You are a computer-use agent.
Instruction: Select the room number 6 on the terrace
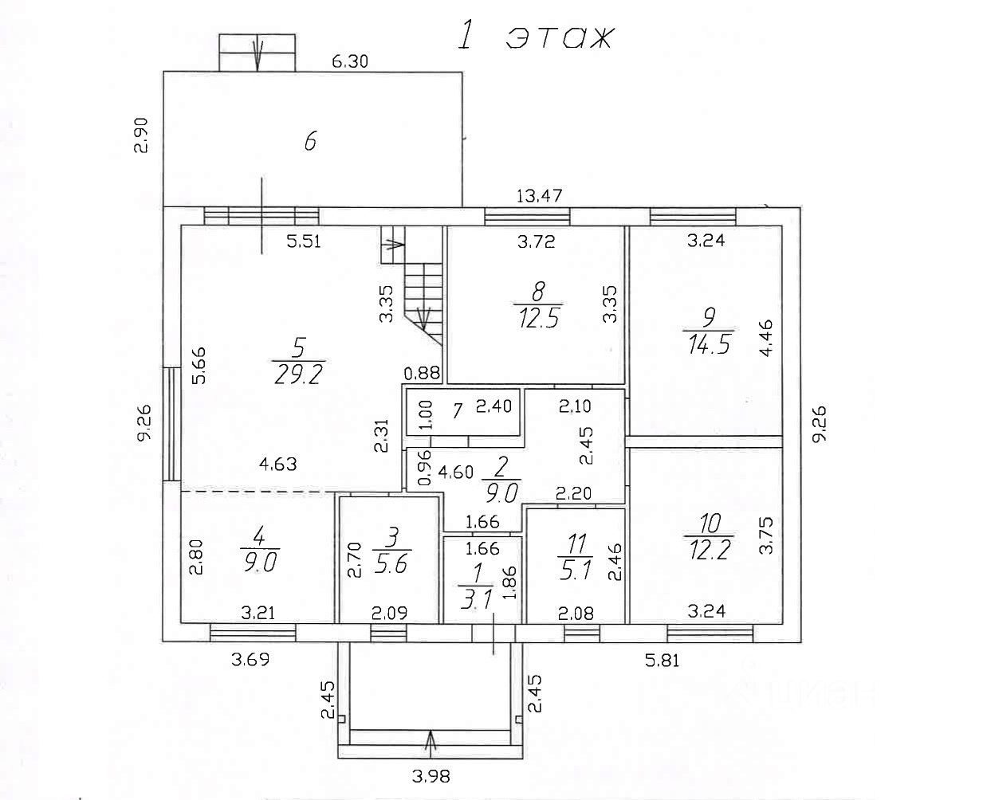(311, 142)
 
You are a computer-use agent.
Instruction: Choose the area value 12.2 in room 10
(709, 549)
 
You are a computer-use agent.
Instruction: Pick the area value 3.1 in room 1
(478, 601)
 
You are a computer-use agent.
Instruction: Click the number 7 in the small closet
(457, 411)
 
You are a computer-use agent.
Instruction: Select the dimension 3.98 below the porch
(431, 774)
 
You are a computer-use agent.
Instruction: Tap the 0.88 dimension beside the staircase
(423, 372)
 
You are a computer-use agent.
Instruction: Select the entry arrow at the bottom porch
(431, 742)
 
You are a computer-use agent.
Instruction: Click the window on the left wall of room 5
(171, 424)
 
